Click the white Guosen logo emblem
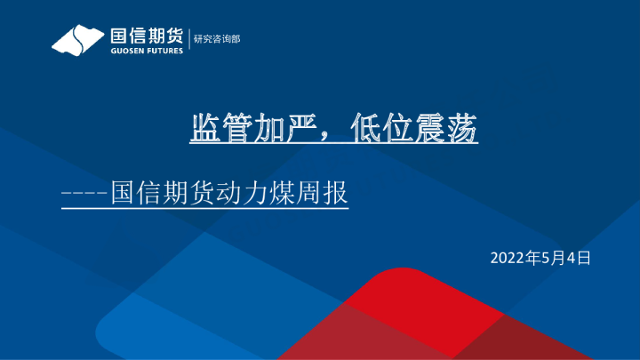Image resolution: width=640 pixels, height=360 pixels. click(x=78, y=41)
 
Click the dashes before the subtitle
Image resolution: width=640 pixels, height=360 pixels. click(x=84, y=193)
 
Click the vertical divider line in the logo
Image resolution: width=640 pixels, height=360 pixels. click(x=189, y=41)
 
